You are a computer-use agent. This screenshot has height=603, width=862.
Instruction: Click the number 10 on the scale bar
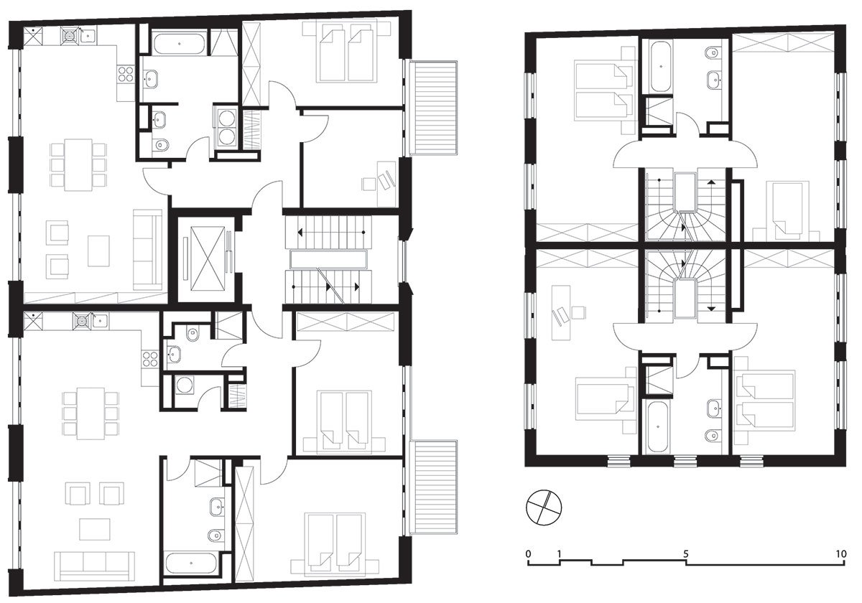pyautogui.click(x=841, y=553)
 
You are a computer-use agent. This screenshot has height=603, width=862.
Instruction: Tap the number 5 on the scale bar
pyautogui.click(x=686, y=553)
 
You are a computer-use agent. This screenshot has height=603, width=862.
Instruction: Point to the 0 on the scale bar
pyautogui.click(x=528, y=553)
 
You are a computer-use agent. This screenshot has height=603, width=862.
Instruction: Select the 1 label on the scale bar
pyautogui.click(x=559, y=553)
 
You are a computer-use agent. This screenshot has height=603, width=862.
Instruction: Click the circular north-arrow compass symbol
pyautogui.click(x=544, y=507)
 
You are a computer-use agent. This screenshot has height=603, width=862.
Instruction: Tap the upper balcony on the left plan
pyautogui.click(x=434, y=108)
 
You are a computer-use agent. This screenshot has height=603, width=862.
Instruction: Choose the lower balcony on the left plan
pyautogui.click(x=434, y=487)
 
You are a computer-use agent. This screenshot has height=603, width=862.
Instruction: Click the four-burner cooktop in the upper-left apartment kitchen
pyautogui.click(x=126, y=74)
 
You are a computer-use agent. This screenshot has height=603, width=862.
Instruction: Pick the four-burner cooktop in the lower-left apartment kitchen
pyautogui.click(x=150, y=359)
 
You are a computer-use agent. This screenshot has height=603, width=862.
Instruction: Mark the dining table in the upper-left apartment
pyautogui.click(x=78, y=165)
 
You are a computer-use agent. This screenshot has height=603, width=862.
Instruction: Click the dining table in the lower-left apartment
pyautogui.click(x=91, y=413)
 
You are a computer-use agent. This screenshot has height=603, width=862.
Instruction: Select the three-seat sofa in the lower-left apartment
pyautogui.click(x=94, y=566)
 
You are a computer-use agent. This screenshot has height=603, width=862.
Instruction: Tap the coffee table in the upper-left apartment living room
pyautogui.click(x=98, y=251)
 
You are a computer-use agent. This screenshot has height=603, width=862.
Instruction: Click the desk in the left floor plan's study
pyautogui.click(x=386, y=184)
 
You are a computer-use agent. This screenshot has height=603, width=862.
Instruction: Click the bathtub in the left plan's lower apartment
pyautogui.click(x=191, y=564)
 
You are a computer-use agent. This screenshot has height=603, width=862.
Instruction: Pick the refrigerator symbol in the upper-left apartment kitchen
pyautogui.click(x=33, y=36)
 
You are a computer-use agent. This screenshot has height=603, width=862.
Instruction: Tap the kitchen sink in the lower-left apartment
pyautogui.click(x=99, y=319)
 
